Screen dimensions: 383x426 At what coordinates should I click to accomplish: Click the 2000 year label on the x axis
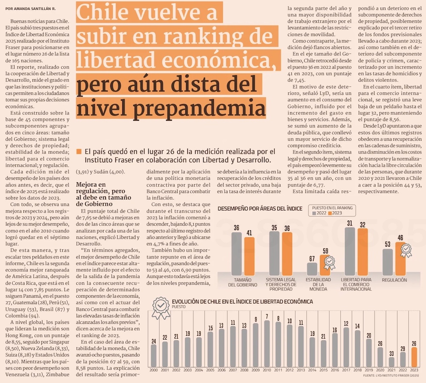click(x=153, y=370)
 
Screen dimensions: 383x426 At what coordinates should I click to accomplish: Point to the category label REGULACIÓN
click(x=394, y=280)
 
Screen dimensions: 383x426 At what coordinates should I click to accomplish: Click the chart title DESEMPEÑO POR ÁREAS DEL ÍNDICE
click(x=260, y=209)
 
